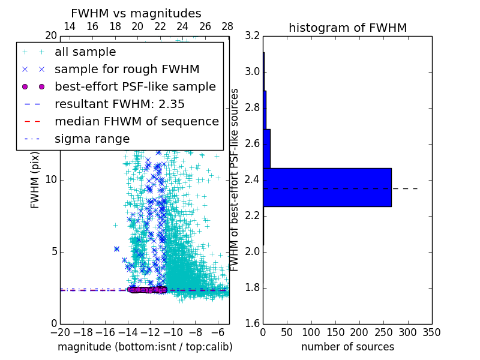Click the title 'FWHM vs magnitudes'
(x=136, y=13)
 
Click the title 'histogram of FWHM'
(x=347, y=28)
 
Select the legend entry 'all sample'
(x=85, y=52)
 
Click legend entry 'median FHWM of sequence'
(x=136, y=121)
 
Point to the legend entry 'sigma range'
(x=92, y=139)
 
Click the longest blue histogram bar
(x=327, y=187)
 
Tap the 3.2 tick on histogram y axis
(x=253, y=36)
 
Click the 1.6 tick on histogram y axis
(x=253, y=324)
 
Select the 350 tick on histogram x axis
(x=431, y=332)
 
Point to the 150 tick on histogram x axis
(x=335, y=332)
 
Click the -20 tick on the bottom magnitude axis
(x=60, y=332)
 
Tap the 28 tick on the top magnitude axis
(x=227, y=27)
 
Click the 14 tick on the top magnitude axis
(x=70, y=27)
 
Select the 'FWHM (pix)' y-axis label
(x=35, y=180)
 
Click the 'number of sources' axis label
(x=347, y=347)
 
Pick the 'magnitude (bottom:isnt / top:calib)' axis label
(x=145, y=347)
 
